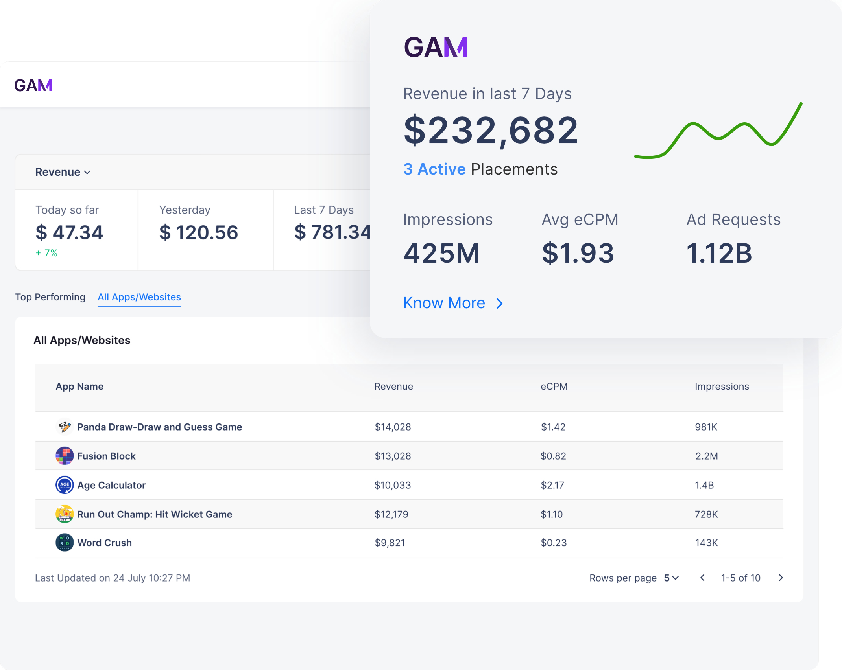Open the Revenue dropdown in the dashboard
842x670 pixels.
coord(63,172)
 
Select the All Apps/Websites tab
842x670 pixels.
coord(139,297)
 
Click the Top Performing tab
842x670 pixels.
coord(50,297)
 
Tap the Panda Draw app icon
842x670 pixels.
coord(65,427)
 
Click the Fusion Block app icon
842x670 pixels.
coord(65,456)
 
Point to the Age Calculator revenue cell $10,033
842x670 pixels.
coord(393,485)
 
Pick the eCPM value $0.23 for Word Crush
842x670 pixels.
coord(554,543)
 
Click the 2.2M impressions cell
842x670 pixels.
coord(707,456)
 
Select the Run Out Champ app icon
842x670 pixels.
coord(65,514)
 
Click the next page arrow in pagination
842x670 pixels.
coord(781,578)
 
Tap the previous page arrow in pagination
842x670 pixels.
coord(702,578)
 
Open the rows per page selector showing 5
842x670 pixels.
coord(672,578)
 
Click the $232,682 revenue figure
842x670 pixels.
coord(491,130)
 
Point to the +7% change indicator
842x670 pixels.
coord(47,253)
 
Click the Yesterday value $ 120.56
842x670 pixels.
coord(199,232)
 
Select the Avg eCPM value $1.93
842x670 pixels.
coord(578,253)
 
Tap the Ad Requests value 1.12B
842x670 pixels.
coord(719,253)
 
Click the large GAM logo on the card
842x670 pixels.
coord(436,47)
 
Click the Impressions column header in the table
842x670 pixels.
coord(722,387)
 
